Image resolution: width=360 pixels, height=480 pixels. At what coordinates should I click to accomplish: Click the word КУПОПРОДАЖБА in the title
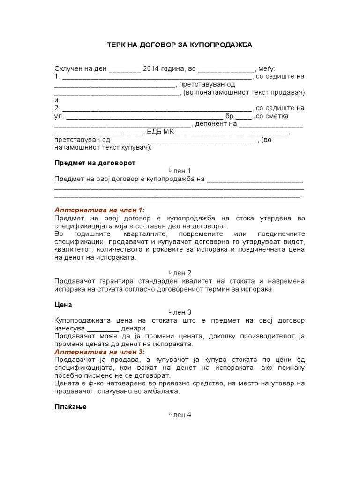point(225,45)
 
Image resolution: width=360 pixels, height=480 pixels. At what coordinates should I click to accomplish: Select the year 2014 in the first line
point(150,68)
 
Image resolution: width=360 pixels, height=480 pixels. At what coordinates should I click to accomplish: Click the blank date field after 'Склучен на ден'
point(125,69)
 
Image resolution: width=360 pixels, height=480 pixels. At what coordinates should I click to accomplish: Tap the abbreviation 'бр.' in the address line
point(230,116)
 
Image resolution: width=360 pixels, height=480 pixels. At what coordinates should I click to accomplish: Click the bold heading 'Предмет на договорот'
point(95,163)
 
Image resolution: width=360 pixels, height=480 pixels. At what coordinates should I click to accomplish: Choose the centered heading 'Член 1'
point(180,171)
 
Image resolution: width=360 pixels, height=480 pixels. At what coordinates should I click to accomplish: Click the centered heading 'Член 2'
point(180,273)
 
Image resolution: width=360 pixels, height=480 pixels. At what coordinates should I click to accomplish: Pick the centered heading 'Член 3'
point(180,312)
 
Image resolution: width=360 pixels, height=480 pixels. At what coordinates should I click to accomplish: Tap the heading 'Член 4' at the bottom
point(180,415)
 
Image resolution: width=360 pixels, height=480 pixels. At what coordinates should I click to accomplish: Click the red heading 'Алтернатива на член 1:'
point(100,210)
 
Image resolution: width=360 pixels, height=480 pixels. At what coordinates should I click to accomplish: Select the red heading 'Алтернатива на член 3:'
point(100,352)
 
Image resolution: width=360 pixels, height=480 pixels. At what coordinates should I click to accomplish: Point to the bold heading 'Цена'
point(63,304)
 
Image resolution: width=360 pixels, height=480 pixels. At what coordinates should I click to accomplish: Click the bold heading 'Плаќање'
point(70,407)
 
